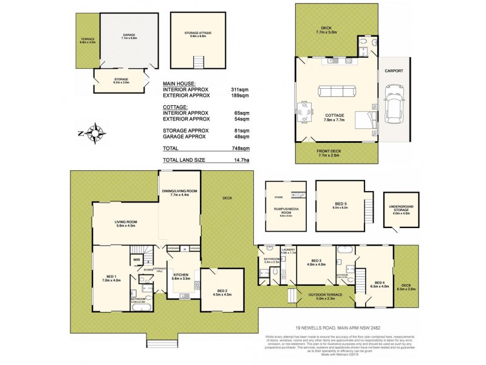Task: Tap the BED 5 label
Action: [340, 206]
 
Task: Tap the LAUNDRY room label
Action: [288, 251]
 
